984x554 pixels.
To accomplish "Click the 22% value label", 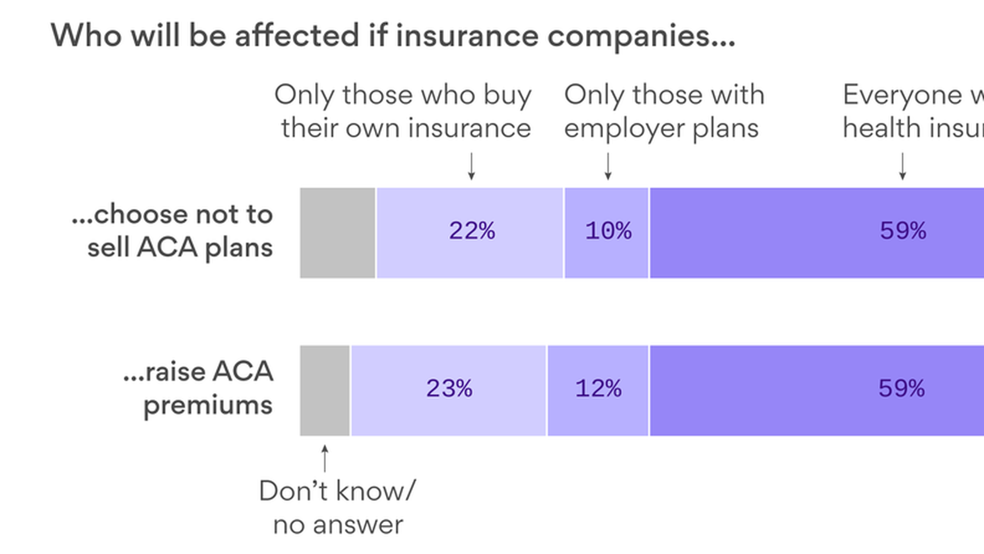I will (472, 231).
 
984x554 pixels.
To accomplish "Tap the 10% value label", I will (608, 231).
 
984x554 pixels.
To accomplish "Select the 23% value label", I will (449, 388).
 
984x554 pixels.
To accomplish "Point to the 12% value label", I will (598, 388).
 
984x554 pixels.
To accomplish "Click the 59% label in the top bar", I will (903, 231).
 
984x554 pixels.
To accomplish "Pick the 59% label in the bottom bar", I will (901, 388).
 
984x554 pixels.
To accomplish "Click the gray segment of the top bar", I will (337, 233).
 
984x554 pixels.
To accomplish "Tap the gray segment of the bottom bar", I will (325, 390).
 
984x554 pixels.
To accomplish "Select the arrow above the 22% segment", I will (471, 166).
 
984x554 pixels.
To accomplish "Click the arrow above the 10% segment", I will (608, 166).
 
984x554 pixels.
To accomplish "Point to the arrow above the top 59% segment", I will (903, 166).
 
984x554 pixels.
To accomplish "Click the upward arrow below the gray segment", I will (324, 458).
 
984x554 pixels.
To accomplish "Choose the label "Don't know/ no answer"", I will (338, 507).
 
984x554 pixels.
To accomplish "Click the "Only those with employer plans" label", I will (664, 111).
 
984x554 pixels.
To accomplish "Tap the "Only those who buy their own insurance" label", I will (403, 111).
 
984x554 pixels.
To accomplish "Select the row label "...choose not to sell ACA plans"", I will (173, 231).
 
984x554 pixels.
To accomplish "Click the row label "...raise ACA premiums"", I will (198, 388).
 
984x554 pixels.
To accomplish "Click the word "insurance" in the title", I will (466, 36).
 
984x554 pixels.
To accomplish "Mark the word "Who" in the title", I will (86, 36).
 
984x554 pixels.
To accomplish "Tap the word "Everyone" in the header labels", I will (903, 95).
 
